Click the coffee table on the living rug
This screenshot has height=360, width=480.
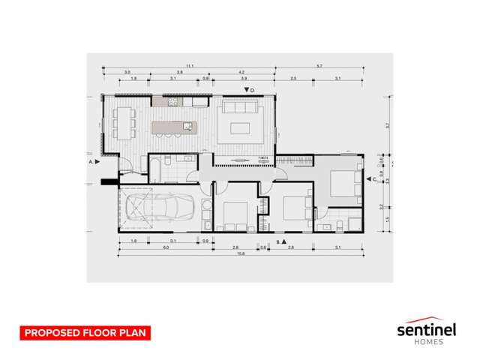(241, 125)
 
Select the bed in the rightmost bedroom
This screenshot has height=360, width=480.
(342, 181)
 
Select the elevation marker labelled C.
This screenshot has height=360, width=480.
(371, 179)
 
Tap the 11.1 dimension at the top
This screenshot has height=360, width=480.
(190, 67)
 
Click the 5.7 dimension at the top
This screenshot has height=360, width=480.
(319, 67)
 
